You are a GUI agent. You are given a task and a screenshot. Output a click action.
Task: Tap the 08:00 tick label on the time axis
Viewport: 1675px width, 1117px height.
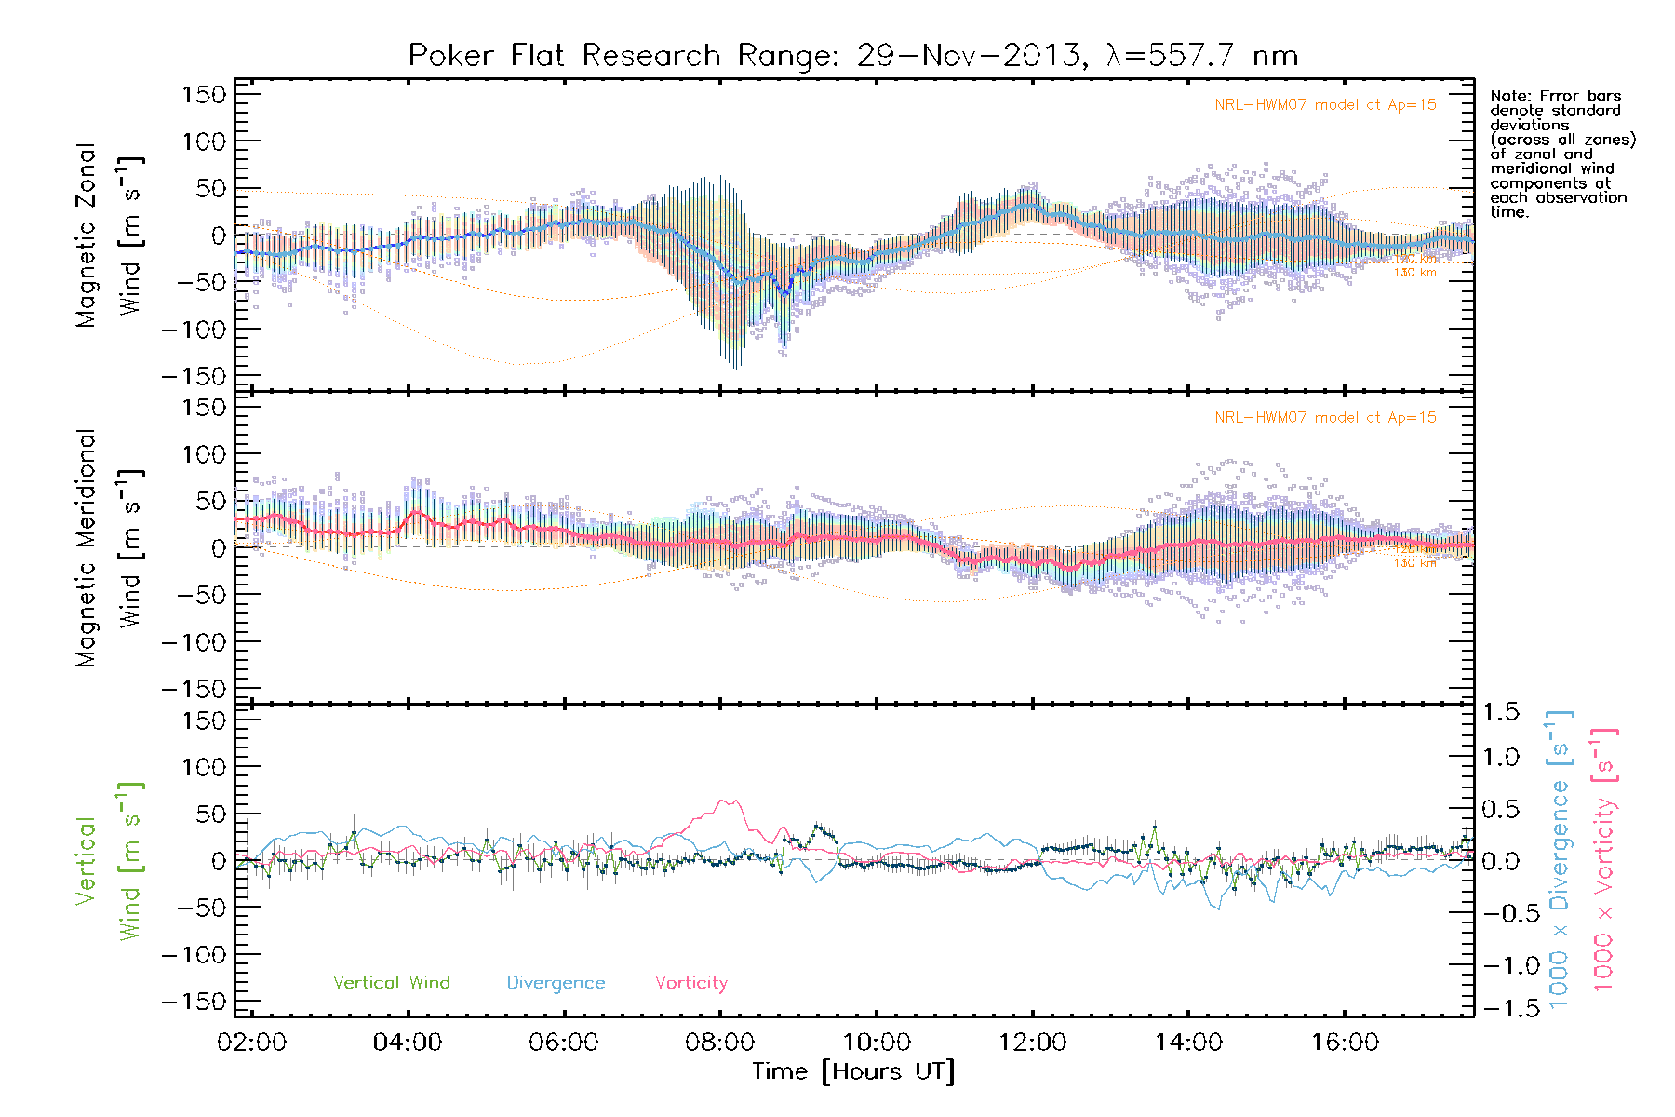point(719,1042)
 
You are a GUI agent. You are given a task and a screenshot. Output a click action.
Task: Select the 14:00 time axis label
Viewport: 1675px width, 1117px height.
point(1188,1042)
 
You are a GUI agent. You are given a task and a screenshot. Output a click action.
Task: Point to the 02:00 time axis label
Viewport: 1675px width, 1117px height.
point(251,1042)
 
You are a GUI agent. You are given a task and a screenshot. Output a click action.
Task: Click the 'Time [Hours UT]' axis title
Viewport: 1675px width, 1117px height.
point(852,1071)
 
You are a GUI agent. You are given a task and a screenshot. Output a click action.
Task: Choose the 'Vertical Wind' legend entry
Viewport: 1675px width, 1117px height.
point(391,982)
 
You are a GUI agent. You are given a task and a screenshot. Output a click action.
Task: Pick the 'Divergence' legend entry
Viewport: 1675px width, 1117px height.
point(556,982)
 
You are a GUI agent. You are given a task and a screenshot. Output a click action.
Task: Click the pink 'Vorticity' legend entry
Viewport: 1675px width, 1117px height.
point(690,982)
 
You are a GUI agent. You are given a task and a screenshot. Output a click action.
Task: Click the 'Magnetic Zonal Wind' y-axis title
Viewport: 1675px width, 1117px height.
point(110,235)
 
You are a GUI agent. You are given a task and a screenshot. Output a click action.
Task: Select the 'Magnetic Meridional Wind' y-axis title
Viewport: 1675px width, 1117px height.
point(110,547)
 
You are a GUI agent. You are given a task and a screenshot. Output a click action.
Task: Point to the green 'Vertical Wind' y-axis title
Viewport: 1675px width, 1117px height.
point(110,861)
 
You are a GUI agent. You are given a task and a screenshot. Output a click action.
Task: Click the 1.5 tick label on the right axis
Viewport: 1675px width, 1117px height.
point(1501,712)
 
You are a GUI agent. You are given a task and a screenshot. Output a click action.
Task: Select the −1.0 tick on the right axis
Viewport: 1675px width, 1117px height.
point(1501,965)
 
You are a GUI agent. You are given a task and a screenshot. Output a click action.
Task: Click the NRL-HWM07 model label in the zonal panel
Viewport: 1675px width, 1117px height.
point(1325,105)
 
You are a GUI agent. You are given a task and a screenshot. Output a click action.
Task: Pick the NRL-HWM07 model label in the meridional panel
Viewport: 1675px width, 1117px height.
point(1325,418)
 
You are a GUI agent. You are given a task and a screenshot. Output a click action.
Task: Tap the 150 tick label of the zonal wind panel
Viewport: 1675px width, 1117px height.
point(205,94)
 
